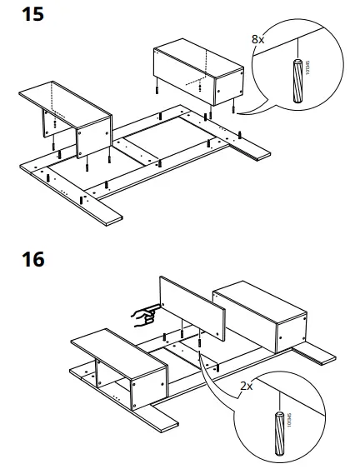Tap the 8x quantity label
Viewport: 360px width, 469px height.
coord(259,38)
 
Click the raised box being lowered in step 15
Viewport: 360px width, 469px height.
coord(195,72)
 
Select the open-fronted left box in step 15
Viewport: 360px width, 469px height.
coord(67,117)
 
